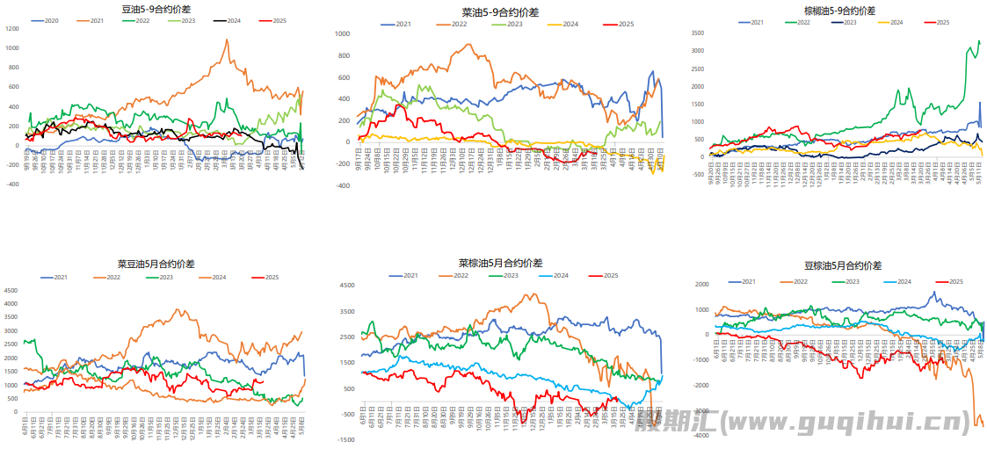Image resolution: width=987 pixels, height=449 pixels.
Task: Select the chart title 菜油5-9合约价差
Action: click(x=500, y=12)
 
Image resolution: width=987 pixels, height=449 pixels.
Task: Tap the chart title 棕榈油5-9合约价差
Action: click(x=839, y=11)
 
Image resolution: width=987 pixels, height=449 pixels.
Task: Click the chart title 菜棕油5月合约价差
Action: click(x=500, y=263)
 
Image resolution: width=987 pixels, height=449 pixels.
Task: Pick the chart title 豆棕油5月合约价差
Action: click(x=843, y=264)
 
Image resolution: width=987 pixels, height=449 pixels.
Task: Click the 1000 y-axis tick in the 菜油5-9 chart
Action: click(x=343, y=33)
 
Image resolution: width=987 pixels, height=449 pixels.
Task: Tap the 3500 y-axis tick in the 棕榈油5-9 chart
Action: click(x=697, y=33)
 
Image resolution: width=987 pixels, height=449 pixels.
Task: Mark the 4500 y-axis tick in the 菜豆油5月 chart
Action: click(x=11, y=289)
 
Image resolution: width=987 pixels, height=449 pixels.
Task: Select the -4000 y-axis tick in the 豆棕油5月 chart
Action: click(x=701, y=436)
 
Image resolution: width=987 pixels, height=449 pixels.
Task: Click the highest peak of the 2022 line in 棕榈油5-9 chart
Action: click(x=979, y=40)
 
